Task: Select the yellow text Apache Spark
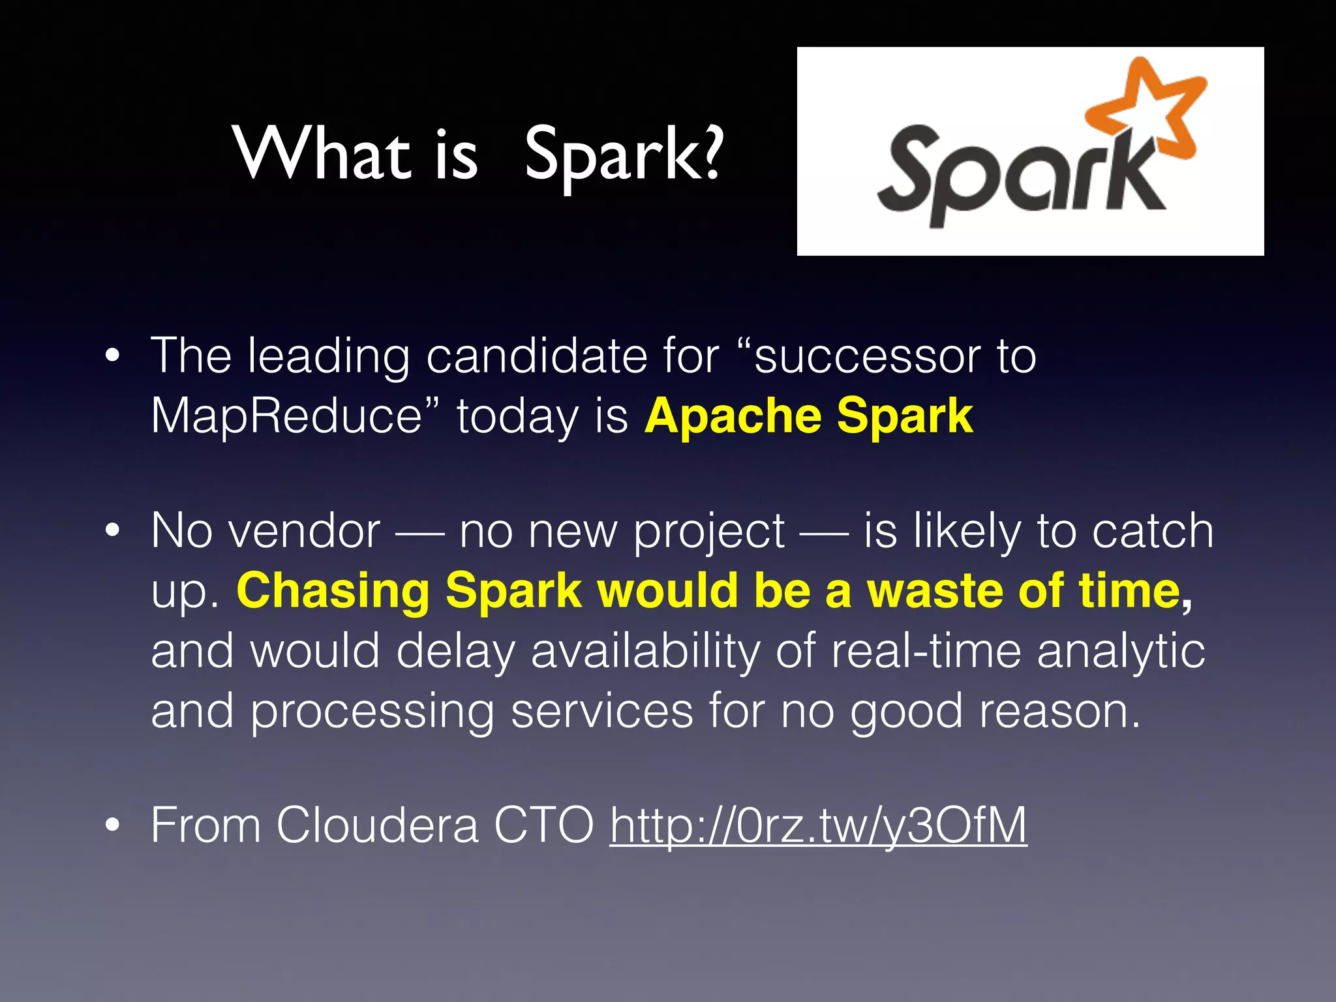pyautogui.click(x=808, y=416)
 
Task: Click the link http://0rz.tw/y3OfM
pyautogui.click(x=818, y=826)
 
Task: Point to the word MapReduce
pyautogui.click(x=287, y=416)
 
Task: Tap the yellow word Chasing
pyautogui.click(x=333, y=591)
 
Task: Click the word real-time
pyautogui.click(x=926, y=651)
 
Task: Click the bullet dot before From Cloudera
pyautogui.click(x=113, y=826)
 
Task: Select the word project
pyautogui.click(x=709, y=532)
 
